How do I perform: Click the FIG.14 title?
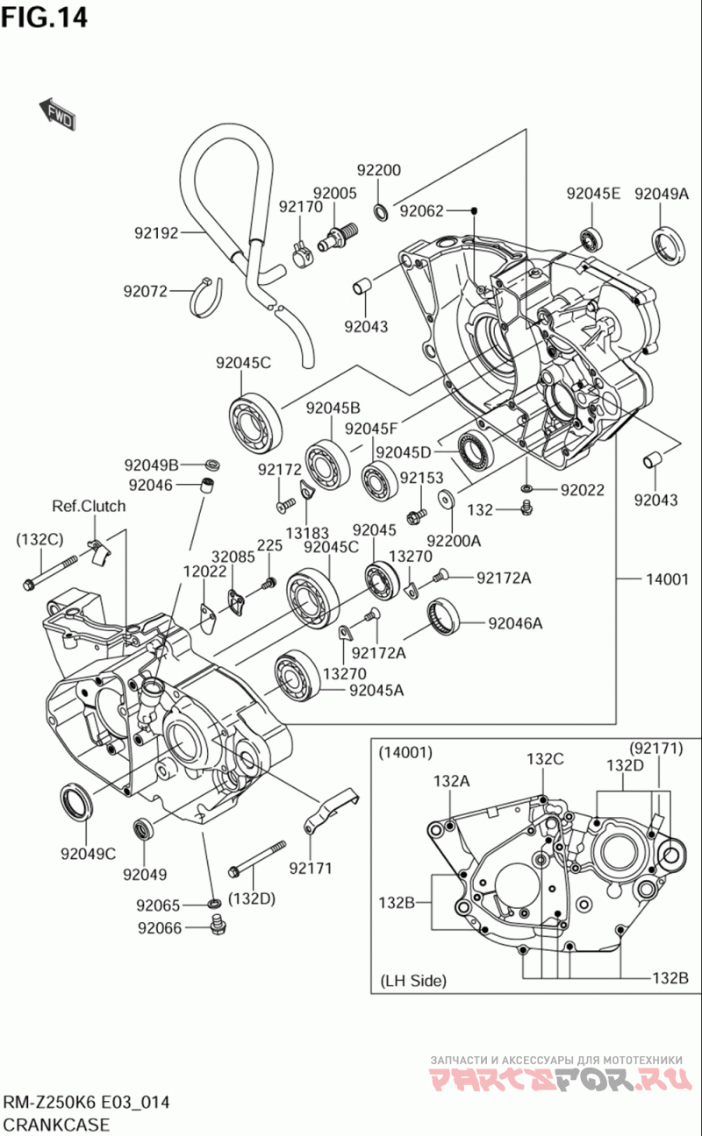click(45, 18)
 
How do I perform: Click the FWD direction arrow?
click(57, 113)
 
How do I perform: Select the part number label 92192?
click(156, 233)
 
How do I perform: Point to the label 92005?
click(334, 194)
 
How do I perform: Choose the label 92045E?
click(592, 194)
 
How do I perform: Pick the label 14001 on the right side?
click(667, 579)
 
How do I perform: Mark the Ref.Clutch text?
click(89, 506)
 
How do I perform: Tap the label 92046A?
click(515, 623)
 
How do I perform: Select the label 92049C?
click(89, 853)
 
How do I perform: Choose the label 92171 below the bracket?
click(312, 869)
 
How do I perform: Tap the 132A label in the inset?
click(451, 780)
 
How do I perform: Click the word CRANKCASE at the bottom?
click(57, 1125)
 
